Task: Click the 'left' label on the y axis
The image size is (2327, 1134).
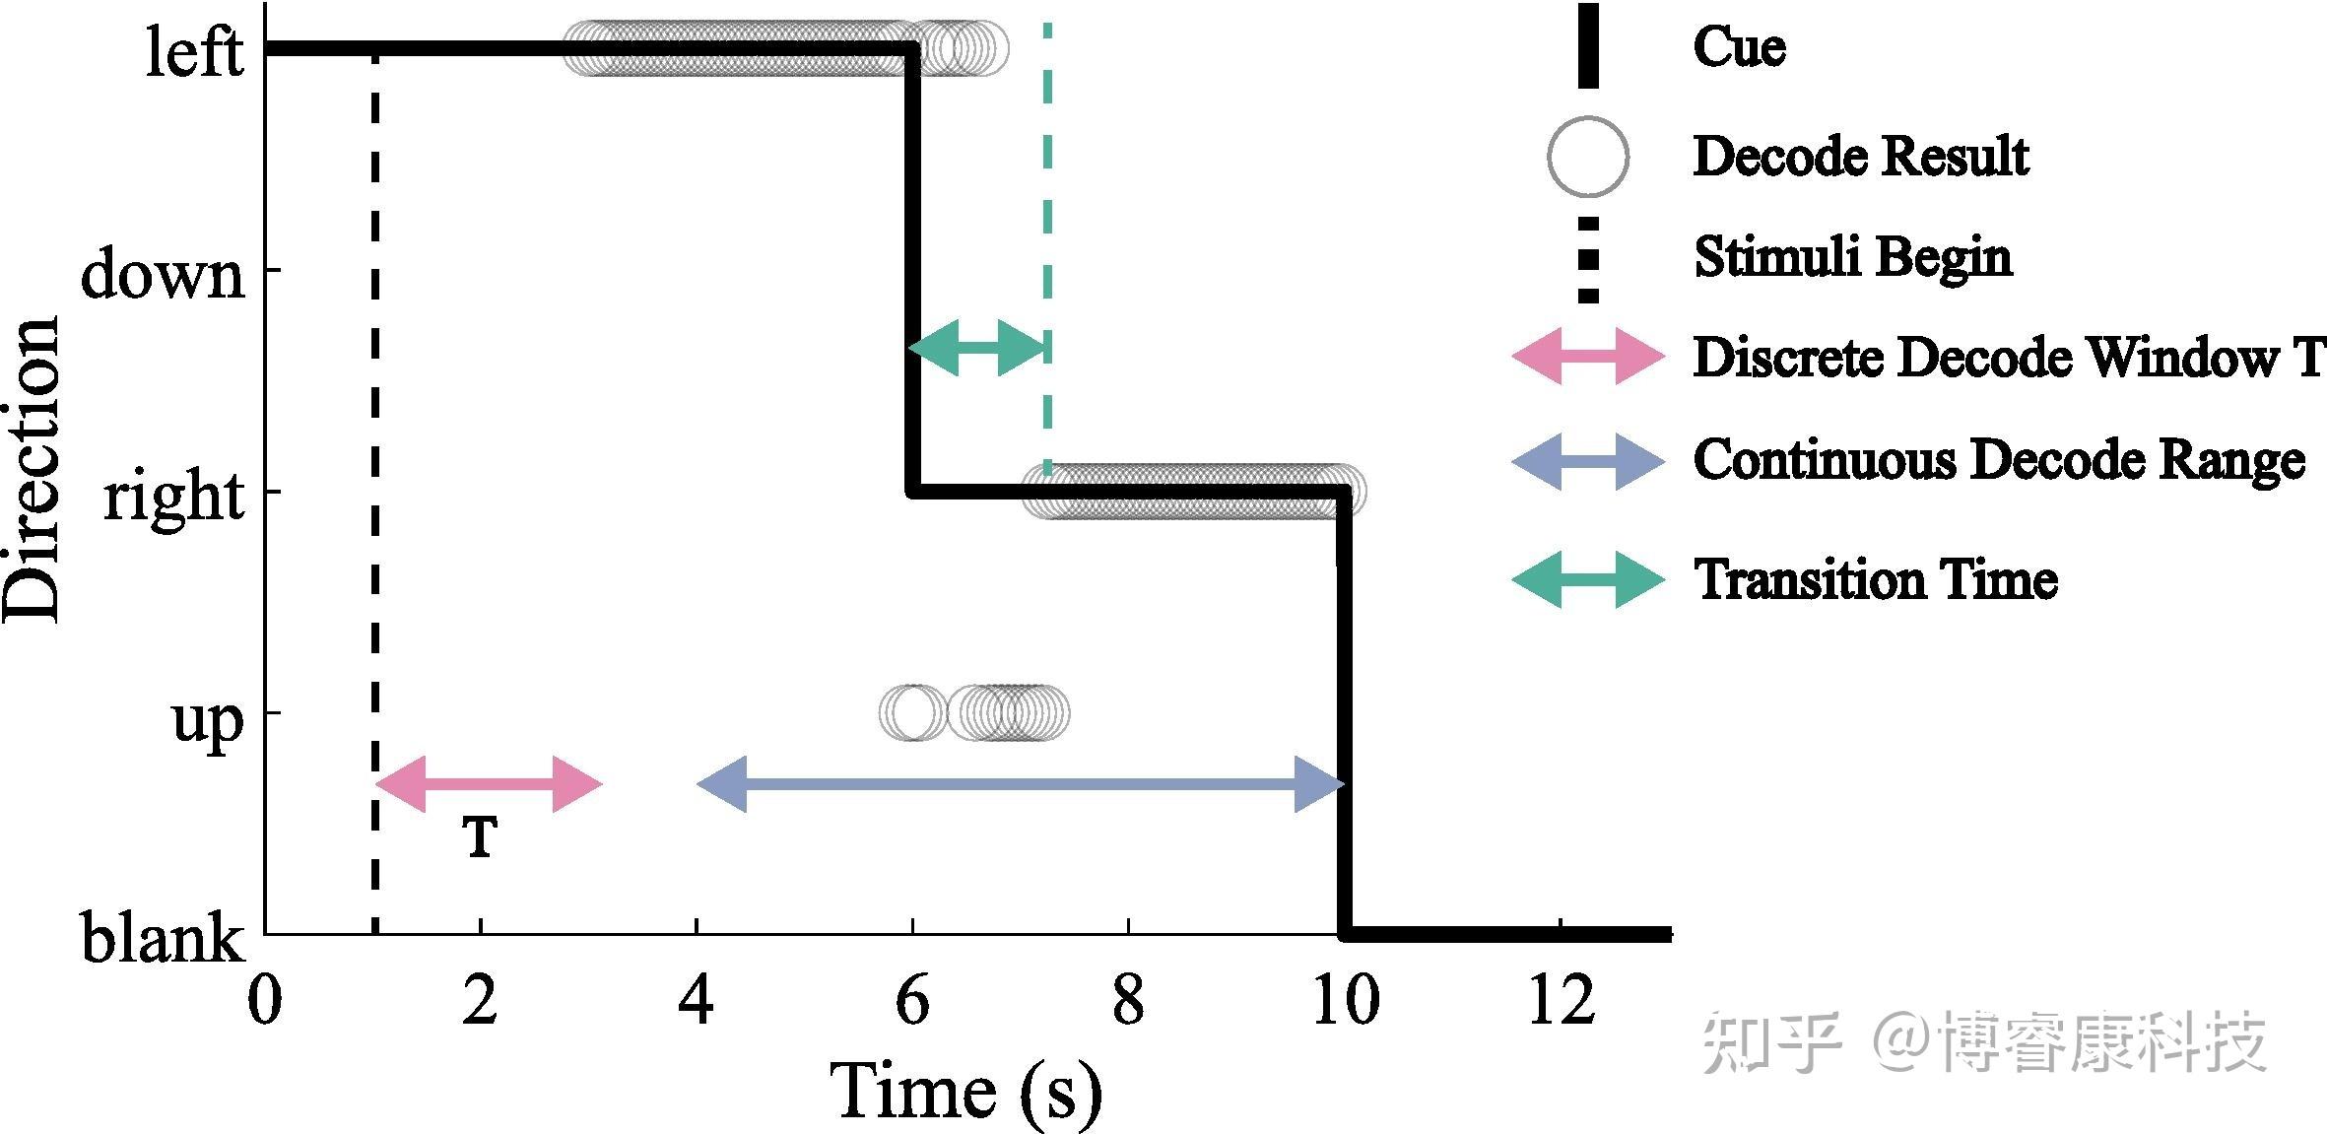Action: [194, 51]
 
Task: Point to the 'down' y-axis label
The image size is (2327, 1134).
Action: [163, 274]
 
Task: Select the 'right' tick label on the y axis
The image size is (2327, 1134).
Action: [173, 496]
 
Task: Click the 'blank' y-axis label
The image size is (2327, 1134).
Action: [162, 938]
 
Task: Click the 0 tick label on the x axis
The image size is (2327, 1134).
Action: [264, 1001]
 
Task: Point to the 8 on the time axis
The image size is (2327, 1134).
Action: [1128, 1001]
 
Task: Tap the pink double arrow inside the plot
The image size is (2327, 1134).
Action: [489, 784]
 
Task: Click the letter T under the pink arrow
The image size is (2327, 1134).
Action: [480, 838]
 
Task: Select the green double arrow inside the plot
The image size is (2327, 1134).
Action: [976, 347]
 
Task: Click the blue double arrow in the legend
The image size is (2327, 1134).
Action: [1588, 461]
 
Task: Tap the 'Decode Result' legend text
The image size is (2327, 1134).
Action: [1861, 157]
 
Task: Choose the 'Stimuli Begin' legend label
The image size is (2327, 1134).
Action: [1852, 257]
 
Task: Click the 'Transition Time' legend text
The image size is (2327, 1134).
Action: [1876, 579]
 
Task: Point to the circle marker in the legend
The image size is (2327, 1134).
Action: [1587, 157]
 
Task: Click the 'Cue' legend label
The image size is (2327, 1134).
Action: [1739, 47]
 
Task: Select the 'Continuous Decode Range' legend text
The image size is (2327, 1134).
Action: [1999, 460]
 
